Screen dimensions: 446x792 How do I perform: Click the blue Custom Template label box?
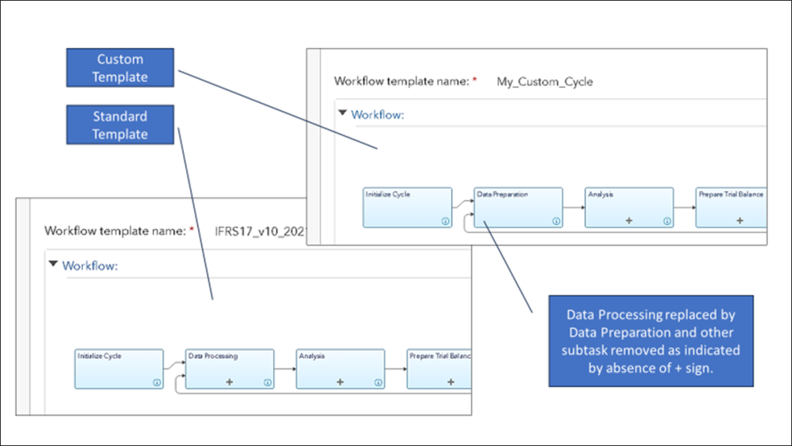click(x=120, y=68)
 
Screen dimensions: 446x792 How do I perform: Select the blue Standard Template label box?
click(x=120, y=125)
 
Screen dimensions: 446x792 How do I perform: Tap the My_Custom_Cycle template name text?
click(x=544, y=81)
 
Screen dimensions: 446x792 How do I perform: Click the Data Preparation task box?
click(x=517, y=207)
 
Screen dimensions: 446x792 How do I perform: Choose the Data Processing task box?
click(x=230, y=369)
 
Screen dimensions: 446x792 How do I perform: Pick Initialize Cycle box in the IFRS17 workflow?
click(x=119, y=369)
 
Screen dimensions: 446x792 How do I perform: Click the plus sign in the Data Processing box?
click(x=229, y=382)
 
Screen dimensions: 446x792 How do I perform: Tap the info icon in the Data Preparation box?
click(x=555, y=221)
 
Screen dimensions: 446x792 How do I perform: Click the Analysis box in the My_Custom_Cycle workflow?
click(x=627, y=207)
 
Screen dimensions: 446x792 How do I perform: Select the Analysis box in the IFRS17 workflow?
click(x=340, y=369)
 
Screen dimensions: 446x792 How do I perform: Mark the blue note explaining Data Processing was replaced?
click(x=650, y=340)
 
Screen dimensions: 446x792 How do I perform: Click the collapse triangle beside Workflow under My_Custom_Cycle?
click(x=342, y=114)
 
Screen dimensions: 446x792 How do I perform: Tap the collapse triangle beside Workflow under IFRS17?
click(x=53, y=264)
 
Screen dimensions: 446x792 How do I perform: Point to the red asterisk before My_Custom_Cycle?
click(x=475, y=80)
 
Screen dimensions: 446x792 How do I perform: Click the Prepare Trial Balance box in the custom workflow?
click(x=731, y=207)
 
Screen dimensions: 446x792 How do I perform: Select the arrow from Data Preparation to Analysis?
click(x=572, y=207)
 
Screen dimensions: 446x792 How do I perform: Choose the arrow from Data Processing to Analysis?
click(x=285, y=369)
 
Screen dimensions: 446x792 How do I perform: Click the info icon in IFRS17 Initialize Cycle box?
click(x=157, y=382)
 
